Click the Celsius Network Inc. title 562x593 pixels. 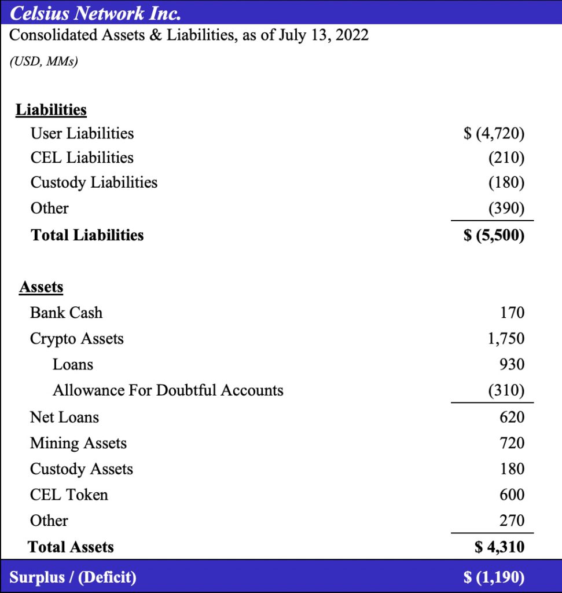pos(95,12)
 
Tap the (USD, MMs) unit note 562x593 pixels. pos(43,61)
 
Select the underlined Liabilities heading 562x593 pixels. pos(51,109)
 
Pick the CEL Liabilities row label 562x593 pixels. pos(82,158)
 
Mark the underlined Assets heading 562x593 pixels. pos(41,287)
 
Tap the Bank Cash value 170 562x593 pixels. pos(512,313)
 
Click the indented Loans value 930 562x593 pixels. pos(512,364)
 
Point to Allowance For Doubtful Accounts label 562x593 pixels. pos(168,390)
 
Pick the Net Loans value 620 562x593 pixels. pos(512,417)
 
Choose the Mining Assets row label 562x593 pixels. pos(78,443)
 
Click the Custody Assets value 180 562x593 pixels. pos(512,468)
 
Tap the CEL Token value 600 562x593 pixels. pos(512,495)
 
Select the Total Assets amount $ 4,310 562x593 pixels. pos(499,547)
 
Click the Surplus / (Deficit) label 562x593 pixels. pos(73,577)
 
